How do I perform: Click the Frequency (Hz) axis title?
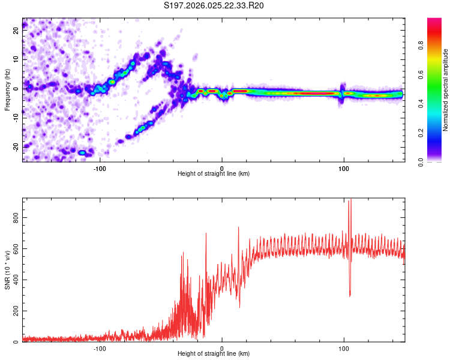point(7,89)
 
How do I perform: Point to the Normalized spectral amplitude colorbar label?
point(446,90)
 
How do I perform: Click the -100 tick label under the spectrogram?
point(100,168)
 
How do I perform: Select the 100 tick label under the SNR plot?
point(344,348)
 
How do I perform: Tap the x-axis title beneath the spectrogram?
point(214,174)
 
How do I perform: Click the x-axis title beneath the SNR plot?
point(214,354)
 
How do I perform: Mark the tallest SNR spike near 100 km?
point(350,202)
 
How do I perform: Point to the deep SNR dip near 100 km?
point(350,295)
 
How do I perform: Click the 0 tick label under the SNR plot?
point(222,348)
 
